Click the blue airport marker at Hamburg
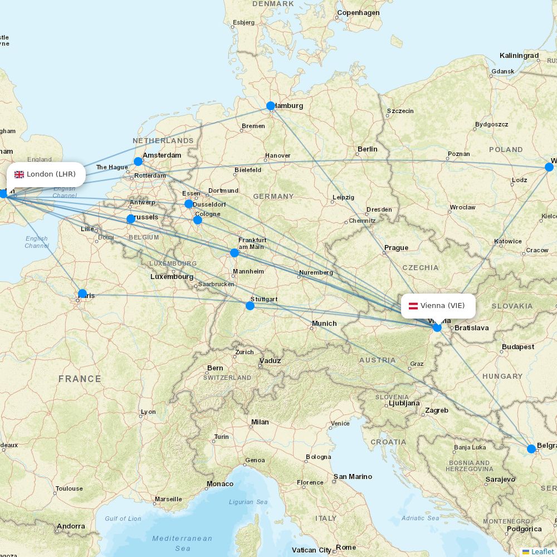[x=271, y=106]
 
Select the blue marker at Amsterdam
[x=138, y=162]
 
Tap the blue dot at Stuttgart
[x=250, y=305]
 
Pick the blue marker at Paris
[x=82, y=294]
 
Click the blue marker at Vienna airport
[x=437, y=328]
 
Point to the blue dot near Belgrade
[x=531, y=448]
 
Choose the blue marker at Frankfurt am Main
[x=234, y=253]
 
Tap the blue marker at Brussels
[x=131, y=219]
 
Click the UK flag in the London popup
[x=19, y=174]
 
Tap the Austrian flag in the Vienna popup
[x=413, y=306]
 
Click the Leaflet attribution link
[x=542, y=551]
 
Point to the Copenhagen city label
[x=358, y=13]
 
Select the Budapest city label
[x=517, y=346]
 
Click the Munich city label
[x=324, y=323]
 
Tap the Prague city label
[x=396, y=248]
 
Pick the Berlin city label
[x=368, y=149]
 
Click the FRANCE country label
[x=80, y=379]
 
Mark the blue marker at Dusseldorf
[x=189, y=204]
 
